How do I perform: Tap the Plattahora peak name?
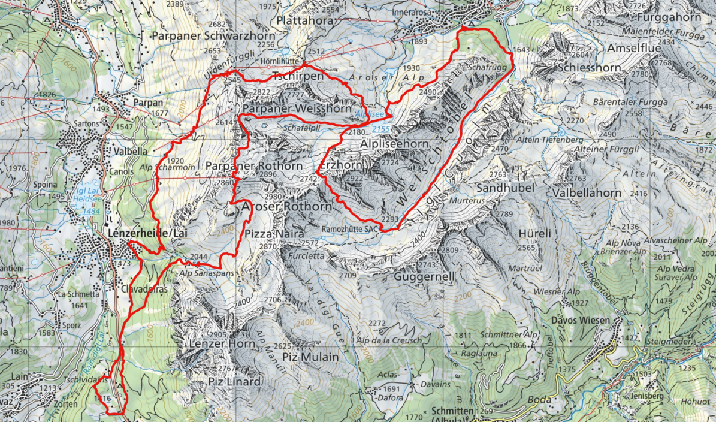(x=305, y=20)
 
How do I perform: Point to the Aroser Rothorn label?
(x=286, y=206)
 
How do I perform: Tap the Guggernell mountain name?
(x=425, y=277)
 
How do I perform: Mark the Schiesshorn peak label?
(x=589, y=68)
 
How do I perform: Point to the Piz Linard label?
(x=234, y=382)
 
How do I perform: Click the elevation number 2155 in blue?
(x=380, y=129)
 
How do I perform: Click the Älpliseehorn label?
(x=394, y=144)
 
